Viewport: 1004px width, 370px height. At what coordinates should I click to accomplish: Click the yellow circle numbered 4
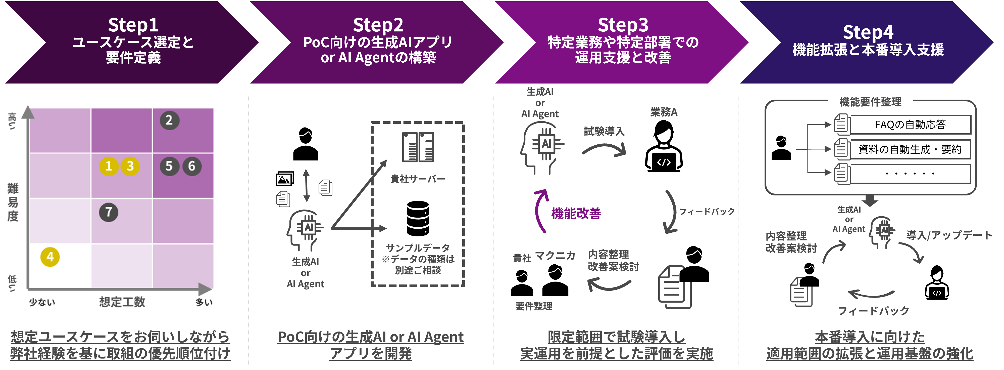coord(50,257)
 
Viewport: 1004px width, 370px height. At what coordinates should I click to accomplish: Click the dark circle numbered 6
coord(192,166)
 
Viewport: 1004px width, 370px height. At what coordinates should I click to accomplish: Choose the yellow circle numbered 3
coord(130,166)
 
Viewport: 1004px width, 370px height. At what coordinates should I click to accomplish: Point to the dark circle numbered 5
coord(169,166)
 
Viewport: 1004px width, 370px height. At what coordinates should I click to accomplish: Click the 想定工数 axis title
coord(122,302)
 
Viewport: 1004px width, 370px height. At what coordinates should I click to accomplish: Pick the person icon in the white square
coord(781,149)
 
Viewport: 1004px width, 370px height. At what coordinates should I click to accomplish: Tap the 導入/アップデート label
coord(949,235)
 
